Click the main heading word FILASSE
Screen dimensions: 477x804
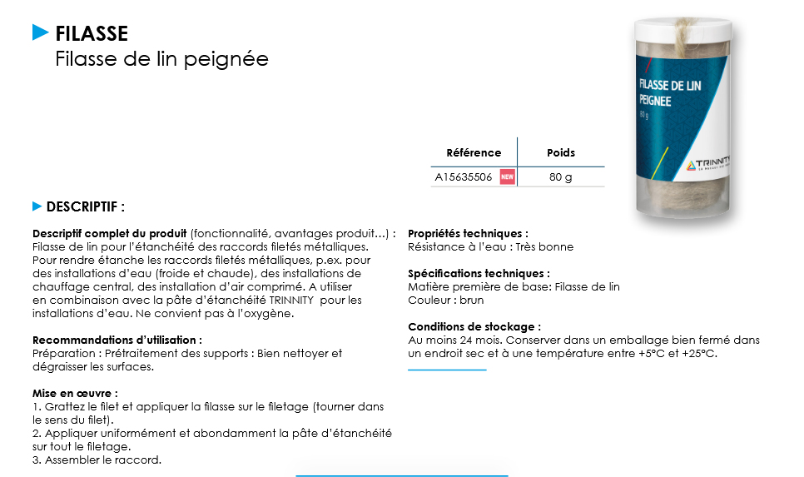click(x=92, y=33)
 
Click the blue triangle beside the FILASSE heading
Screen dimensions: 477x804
click(x=41, y=32)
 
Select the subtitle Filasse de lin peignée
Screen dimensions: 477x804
click(x=161, y=60)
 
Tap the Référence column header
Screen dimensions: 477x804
click(x=474, y=152)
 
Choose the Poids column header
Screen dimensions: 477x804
click(x=560, y=152)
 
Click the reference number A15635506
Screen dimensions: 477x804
click(x=464, y=177)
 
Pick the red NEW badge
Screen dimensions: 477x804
click(x=507, y=177)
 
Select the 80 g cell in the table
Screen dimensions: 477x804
click(x=560, y=177)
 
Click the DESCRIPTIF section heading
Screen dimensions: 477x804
click(x=86, y=206)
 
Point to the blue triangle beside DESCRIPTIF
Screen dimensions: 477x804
click(x=37, y=206)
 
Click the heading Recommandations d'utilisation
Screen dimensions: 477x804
click(x=117, y=340)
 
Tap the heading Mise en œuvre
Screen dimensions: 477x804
click(x=75, y=393)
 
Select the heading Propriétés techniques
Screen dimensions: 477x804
click(x=468, y=234)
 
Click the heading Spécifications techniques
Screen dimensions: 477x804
click(x=479, y=273)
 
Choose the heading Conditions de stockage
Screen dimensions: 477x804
click(x=474, y=326)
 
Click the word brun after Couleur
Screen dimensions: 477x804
click(x=471, y=300)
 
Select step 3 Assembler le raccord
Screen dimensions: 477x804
click(x=97, y=460)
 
